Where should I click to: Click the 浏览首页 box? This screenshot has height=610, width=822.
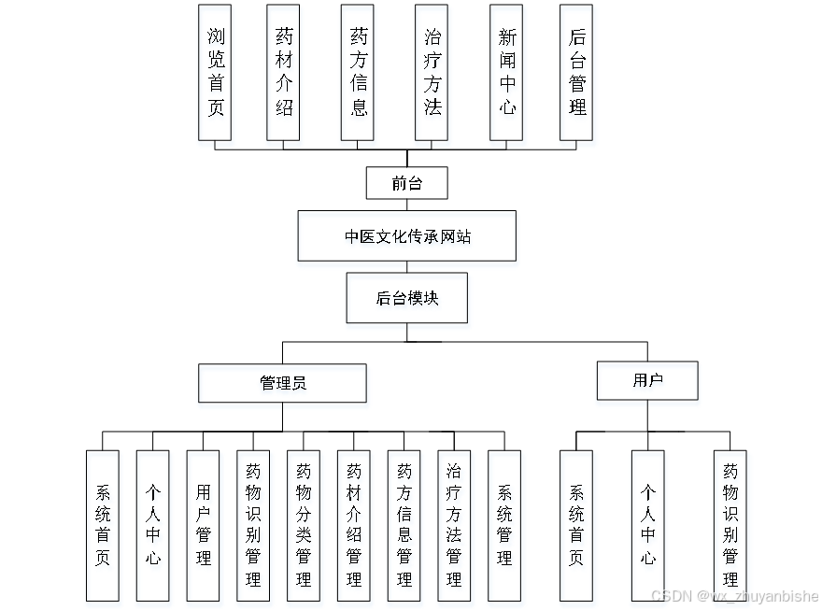(216, 72)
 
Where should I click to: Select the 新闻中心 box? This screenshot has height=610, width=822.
(506, 72)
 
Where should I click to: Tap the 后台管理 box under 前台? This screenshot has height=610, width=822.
(576, 72)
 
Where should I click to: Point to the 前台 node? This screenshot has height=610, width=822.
(407, 183)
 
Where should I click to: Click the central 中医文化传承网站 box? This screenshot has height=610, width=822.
(407, 236)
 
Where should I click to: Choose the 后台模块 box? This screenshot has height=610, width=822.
(407, 298)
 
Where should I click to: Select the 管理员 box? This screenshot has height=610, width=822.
(282, 383)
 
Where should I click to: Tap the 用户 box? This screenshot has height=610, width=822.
(647, 380)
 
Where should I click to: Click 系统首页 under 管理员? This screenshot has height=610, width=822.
(103, 525)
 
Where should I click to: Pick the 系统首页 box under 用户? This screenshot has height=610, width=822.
(576, 525)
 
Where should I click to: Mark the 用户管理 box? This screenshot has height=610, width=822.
(204, 525)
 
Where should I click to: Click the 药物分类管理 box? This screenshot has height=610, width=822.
(304, 525)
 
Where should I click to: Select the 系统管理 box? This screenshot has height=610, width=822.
(504, 525)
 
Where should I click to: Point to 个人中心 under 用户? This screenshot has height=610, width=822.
(647, 525)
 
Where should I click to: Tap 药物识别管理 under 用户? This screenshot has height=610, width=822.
(730, 525)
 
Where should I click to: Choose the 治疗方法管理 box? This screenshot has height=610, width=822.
(454, 525)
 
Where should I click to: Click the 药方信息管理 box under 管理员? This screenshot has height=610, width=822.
(404, 525)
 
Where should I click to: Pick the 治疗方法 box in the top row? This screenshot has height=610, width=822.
(432, 72)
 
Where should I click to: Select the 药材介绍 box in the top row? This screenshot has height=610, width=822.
(284, 72)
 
